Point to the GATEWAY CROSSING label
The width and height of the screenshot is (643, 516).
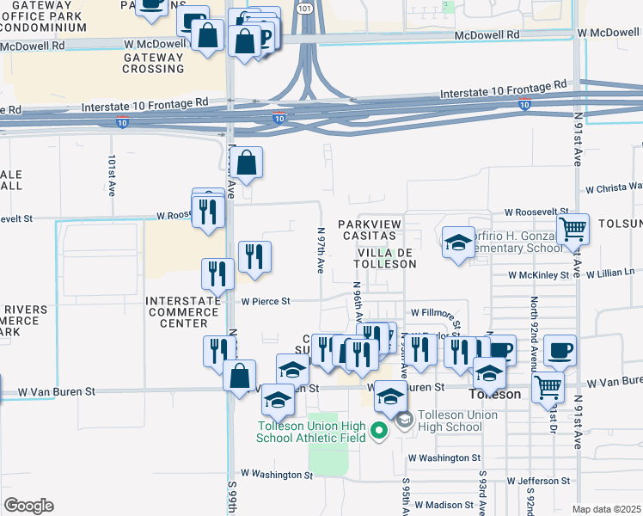[x=154, y=63]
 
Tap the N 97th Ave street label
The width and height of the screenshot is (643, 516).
[x=320, y=250]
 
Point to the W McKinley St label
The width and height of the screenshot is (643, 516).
[x=539, y=275]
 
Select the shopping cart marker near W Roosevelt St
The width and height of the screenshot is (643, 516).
[x=572, y=230]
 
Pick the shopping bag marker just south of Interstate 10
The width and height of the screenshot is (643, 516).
[x=246, y=163]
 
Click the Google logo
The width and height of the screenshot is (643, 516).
[x=28, y=506]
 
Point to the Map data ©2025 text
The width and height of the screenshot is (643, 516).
[x=606, y=509]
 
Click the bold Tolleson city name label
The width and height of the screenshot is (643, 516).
[x=495, y=394]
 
